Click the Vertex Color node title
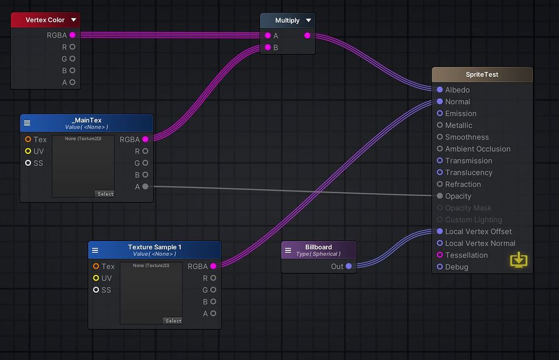point(45,20)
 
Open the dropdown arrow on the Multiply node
point(308,21)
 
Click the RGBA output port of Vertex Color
point(73,35)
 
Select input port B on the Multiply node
point(267,47)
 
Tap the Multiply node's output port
point(307,35)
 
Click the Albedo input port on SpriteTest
point(440,90)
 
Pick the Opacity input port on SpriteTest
point(440,196)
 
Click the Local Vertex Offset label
point(478,232)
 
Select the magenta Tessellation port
point(440,255)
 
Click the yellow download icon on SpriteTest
point(519,260)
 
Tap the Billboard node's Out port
point(349,267)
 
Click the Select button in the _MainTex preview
point(105,194)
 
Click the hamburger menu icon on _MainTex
point(27,123)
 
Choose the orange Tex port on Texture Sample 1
point(96,267)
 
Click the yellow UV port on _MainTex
point(28,151)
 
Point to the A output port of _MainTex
point(145,187)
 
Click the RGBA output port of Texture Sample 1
point(213,267)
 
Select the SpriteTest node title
point(482,75)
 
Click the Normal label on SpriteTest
point(457,102)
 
